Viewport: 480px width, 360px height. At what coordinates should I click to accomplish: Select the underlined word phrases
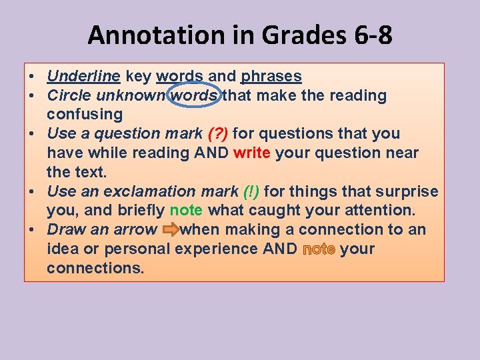coord(271,76)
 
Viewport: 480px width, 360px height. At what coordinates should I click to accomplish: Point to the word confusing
coord(85,115)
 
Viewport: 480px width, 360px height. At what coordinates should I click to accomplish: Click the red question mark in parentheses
coord(218,134)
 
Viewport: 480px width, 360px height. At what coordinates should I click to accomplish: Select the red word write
coord(252,153)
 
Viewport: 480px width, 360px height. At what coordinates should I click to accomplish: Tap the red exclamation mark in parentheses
coord(252,192)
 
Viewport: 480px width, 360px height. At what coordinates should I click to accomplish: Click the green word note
coord(186,211)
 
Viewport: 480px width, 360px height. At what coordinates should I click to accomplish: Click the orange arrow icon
coord(170,230)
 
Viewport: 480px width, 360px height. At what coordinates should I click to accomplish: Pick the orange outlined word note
coord(319,249)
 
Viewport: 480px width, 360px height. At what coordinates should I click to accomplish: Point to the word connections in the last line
coord(95,268)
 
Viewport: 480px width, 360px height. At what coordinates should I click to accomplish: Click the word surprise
coord(407,192)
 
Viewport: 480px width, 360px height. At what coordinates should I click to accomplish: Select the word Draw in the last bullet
coord(63,230)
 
